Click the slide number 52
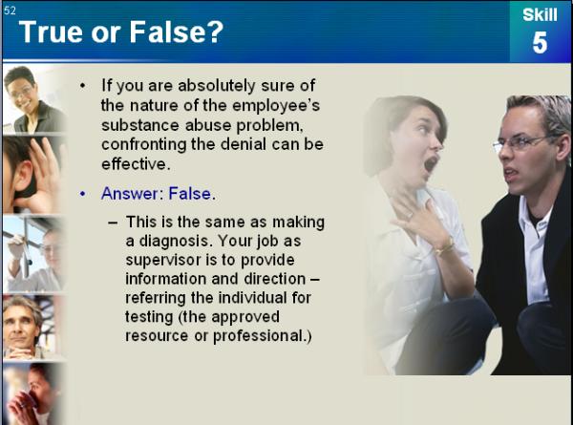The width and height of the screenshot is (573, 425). pos(10,11)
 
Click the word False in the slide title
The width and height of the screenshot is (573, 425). pos(176,32)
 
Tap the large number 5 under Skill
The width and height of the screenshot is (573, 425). pos(540,42)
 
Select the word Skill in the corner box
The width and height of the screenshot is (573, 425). pos(540,14)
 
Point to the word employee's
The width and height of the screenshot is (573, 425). pos(276,105)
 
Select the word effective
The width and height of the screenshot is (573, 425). pos(136,163)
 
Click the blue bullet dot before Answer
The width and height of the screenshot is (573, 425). pos(82,194)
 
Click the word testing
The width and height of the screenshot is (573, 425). pos(149,317)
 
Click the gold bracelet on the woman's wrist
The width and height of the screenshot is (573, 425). pos(445,246)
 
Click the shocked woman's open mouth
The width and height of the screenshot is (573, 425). pos(431,163)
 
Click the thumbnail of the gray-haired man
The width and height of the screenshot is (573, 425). pos(32,327)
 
